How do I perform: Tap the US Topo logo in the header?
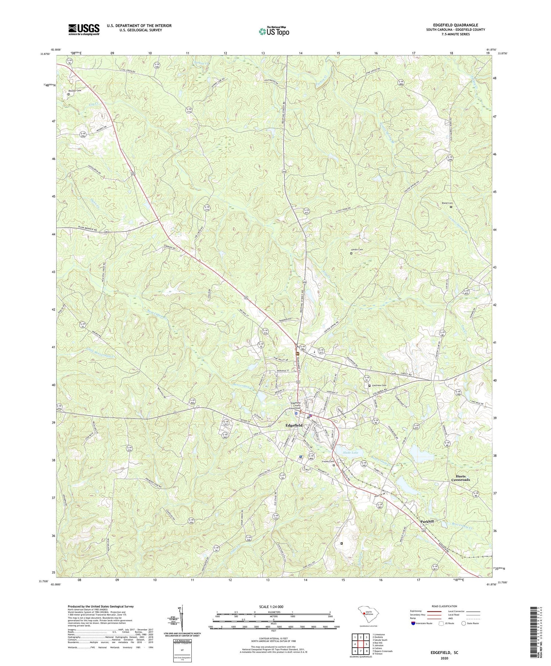273,32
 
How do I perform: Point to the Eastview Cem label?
378,385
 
